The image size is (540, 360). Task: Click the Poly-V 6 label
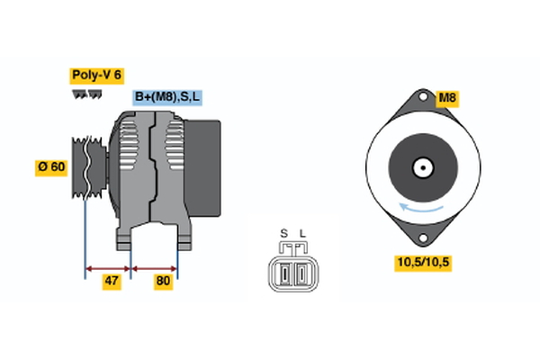tap(96, 75)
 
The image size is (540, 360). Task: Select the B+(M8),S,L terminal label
tap(167, 96)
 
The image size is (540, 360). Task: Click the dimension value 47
tap(112, 281)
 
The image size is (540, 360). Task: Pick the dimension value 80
tap(163, 281)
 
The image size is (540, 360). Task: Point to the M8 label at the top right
tap(446, 97)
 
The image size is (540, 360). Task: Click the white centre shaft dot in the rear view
tap(420, 166)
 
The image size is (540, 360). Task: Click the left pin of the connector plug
tap(286, 273)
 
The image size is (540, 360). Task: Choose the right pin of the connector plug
tap(299, 273)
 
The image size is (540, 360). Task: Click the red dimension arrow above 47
tap(108, 267)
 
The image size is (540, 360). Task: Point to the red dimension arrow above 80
tap(154, 267)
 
